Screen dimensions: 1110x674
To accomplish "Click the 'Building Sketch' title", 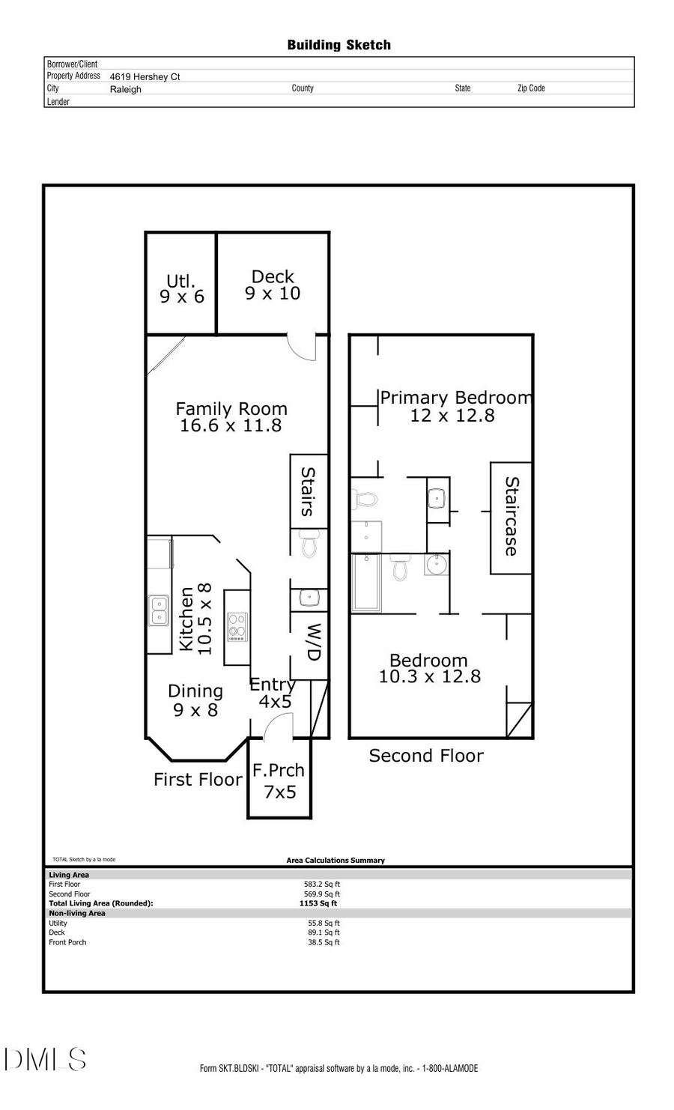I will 338,45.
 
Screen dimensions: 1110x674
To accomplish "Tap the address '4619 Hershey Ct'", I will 145,76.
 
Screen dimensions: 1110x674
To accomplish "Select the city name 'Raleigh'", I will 125,89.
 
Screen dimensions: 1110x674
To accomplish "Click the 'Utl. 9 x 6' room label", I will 181,289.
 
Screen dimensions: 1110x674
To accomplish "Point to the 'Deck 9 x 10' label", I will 273,285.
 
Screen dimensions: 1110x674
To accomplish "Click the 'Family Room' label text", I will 231,409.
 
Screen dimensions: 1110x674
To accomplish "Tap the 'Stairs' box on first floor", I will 309,491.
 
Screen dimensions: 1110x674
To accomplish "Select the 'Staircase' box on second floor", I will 511,518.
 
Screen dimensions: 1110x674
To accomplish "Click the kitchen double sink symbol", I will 158,610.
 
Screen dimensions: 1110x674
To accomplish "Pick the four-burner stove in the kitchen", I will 237,627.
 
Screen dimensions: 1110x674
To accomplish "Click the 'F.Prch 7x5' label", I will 279,780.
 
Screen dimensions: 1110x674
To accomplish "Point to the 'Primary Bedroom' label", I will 455,398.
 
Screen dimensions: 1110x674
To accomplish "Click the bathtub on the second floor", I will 367,583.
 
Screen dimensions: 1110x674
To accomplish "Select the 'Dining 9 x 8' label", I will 195,700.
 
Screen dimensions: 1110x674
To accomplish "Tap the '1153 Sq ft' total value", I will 318,903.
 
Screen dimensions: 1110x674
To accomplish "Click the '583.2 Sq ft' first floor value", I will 322,884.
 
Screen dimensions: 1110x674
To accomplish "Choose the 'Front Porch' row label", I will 67,942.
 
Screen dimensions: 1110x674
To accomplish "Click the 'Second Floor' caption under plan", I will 425,756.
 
